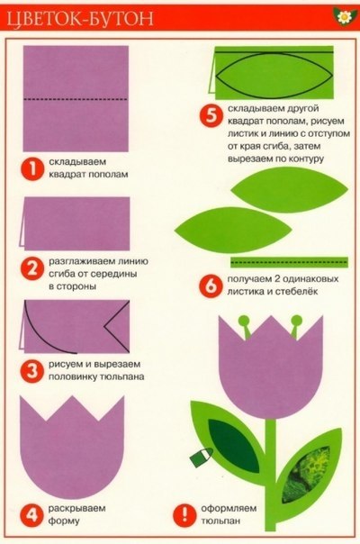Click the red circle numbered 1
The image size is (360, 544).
click(31, 169)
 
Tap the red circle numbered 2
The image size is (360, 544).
click(31, 269)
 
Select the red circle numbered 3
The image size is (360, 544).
click(31, 371)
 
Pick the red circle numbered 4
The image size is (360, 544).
click(31, 515)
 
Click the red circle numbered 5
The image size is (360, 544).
click(211, 115)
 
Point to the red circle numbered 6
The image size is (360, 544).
click(211, 286)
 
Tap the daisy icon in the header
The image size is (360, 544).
click(345, 16)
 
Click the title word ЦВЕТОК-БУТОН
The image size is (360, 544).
click(80, 19)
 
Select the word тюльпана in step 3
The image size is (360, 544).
click(122, 377)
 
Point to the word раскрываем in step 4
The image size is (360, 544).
click(77, 509)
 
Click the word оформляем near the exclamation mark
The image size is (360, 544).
click(229, 509)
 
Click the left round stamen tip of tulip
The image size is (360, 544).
click(244, 321)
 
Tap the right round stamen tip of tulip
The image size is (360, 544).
click(296, 320)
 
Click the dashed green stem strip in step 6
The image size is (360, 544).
click(289, 262)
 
